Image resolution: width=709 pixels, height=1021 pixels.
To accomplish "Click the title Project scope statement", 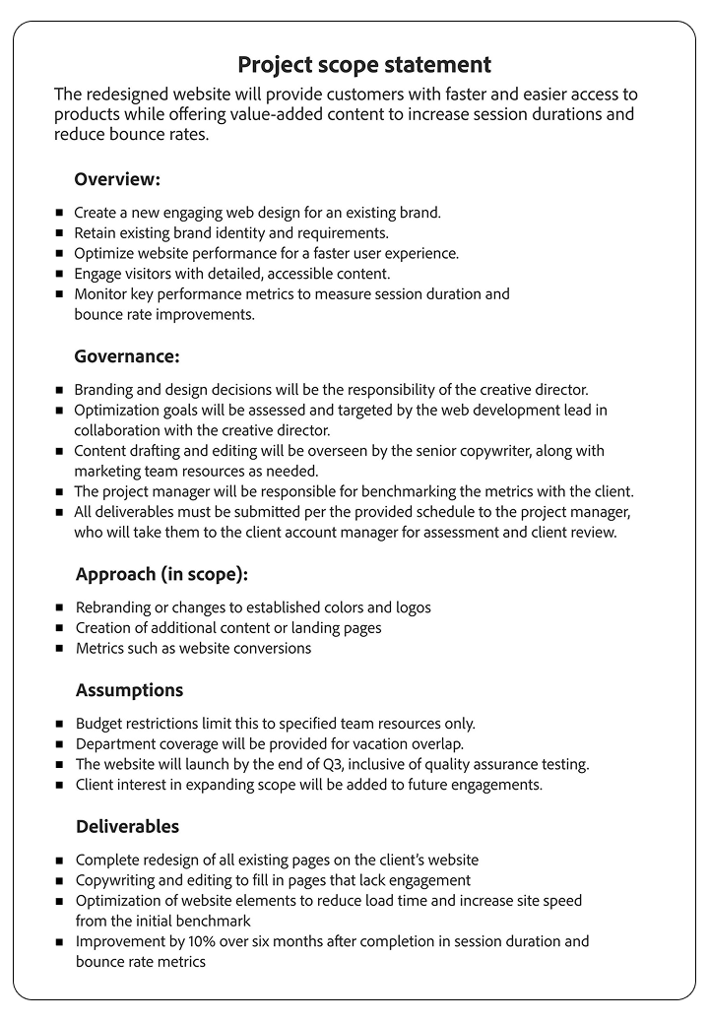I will tap(364, 65).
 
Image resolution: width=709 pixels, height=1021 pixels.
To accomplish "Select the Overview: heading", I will tap(117, 180).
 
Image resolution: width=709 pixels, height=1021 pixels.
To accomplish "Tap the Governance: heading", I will tap(127, 356).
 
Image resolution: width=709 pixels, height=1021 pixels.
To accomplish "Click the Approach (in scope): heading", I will tap(161, 574).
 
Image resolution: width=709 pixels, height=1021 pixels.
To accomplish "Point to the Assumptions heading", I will tap(129, 690).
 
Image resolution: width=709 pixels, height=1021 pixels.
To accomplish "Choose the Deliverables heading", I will tap(127, 826).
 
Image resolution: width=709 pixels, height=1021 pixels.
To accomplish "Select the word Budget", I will tap(99, 724).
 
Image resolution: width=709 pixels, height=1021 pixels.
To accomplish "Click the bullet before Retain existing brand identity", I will tap(60, 233).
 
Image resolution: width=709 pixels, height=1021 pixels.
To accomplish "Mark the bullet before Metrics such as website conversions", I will tap(61, 648).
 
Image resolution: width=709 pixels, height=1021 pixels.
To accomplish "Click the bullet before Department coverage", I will tap(61, 744).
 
